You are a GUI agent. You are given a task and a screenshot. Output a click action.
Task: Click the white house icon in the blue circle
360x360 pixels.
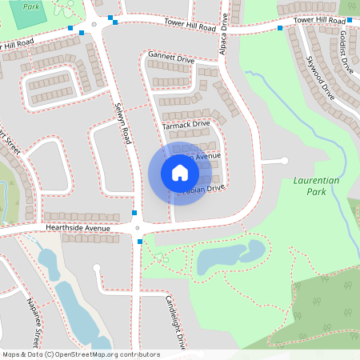pyautogui.click(x=180, y=173)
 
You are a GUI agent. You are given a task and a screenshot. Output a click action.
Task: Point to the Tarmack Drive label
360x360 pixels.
pyautogui.click(x=186, y=124)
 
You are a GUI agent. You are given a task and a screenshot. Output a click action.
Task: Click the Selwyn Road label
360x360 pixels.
pyautogui.click(x=122, y=124)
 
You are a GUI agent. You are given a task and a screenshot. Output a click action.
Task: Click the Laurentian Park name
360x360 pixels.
pyautogui.click(x=318, y=187)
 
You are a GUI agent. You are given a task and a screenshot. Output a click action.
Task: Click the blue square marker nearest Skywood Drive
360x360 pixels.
pyautogui.click(x=280, y=28)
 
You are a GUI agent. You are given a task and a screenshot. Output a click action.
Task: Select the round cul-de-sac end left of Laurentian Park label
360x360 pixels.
pyautogui.click(x=285, y=162)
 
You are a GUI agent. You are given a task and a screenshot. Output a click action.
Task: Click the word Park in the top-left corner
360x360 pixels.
pyautogui.click(x=31, y=6)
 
